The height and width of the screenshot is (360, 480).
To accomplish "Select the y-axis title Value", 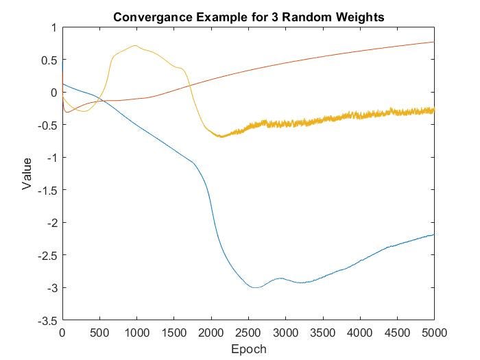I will tap(27, 174).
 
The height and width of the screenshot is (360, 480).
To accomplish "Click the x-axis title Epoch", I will tap(248, 349).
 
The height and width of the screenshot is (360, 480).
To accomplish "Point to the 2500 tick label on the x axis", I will tap(248, 333).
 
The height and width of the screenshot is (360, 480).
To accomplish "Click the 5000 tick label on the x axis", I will tap(434, 333).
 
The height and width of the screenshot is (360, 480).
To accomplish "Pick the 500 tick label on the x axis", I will tap(99, 333).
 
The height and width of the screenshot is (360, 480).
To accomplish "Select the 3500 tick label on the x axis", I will tap(323, 333).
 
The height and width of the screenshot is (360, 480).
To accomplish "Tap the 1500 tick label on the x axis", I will tap(173, 333).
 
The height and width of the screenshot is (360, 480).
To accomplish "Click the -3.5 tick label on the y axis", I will tap(48, 320).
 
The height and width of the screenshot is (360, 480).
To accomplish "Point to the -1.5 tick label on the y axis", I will tap(48, 190).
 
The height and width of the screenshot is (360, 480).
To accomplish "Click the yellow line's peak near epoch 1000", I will tap(136, 46).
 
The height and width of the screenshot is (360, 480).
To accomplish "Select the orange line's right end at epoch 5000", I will tap(434, 42).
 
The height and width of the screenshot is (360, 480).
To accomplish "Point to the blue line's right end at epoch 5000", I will tap(434, 235).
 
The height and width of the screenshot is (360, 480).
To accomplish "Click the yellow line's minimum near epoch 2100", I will tap(221, 136).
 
